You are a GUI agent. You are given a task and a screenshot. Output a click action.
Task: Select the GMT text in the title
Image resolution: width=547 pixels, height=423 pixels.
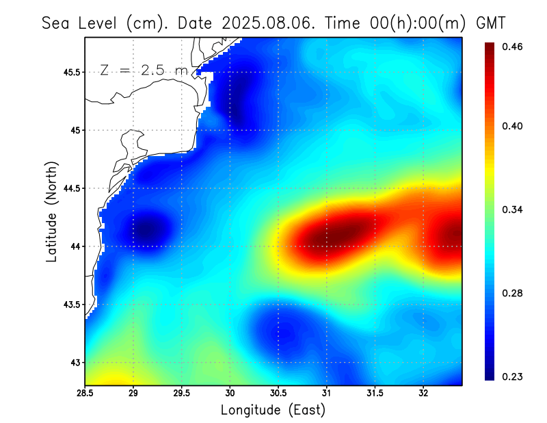491,23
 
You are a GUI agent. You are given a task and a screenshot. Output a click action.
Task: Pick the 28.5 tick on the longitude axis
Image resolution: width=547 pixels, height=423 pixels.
85,393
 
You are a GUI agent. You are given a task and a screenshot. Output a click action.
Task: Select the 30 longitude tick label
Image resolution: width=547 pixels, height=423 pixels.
230,393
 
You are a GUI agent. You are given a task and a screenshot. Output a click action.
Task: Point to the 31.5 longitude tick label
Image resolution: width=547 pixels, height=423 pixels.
375,393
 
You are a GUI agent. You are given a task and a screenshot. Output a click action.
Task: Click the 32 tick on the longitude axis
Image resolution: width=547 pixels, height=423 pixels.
423,393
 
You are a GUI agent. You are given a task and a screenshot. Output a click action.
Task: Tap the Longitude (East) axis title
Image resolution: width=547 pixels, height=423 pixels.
273,410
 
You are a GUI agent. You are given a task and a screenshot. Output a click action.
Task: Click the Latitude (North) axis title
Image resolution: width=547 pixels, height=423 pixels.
51,211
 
